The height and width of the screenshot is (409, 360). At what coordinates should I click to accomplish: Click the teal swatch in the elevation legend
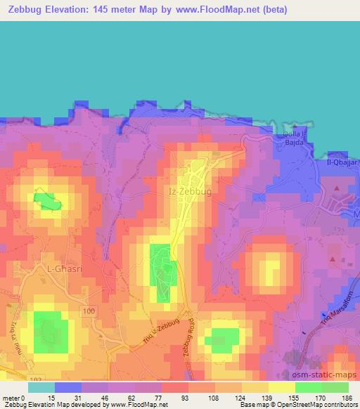tap(41, 387)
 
